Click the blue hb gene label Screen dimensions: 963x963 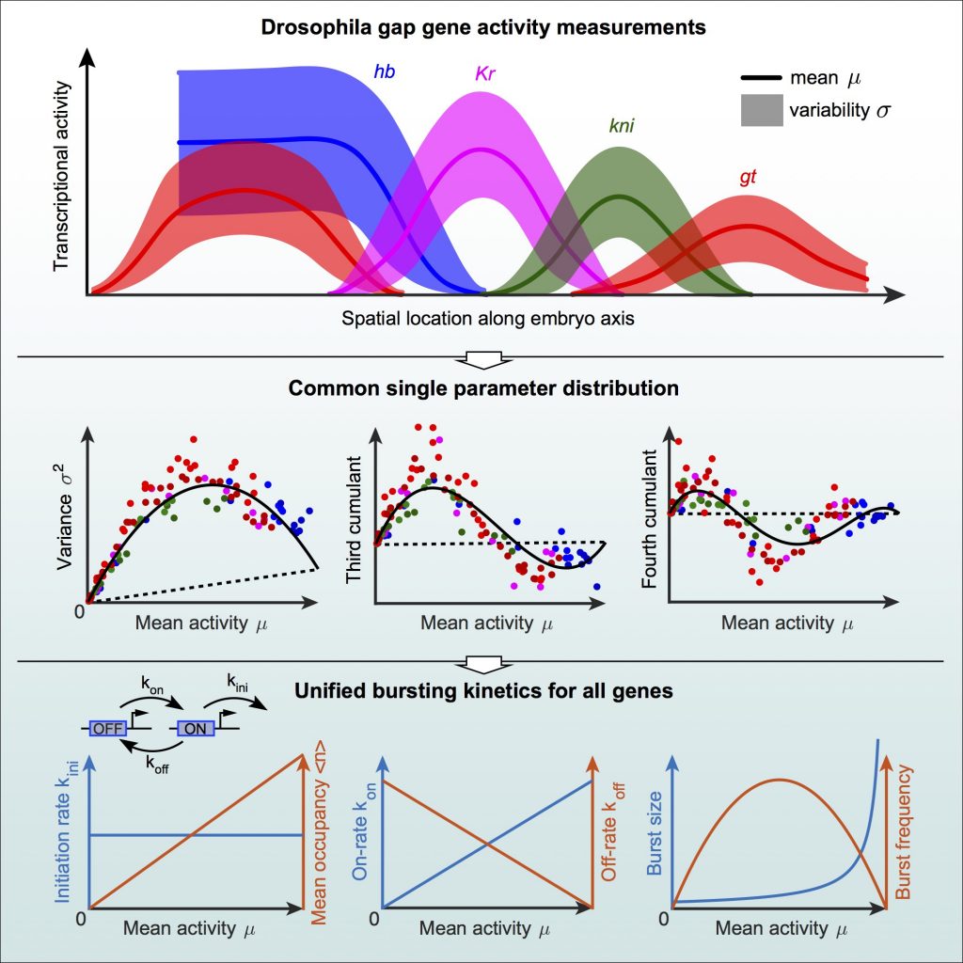pos(384,71)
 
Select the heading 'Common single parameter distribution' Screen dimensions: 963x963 pos(481,387)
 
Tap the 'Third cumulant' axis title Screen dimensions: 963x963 pos(355,518)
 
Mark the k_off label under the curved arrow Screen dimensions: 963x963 pos(147,764)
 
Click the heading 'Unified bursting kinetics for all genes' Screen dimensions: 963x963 pos(481,691)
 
